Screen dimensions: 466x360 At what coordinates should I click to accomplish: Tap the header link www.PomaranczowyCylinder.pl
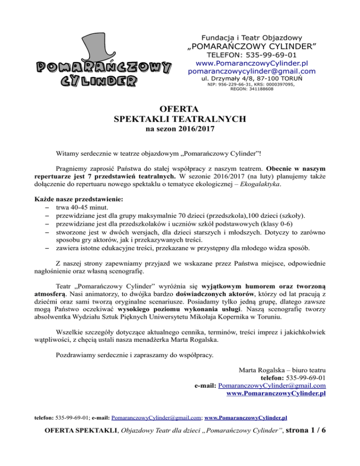(x=251, y=63)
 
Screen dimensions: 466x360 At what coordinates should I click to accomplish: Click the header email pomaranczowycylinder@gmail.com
(x=251, y=71)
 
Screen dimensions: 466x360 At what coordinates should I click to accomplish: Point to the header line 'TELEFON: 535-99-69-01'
(x=251, y=55)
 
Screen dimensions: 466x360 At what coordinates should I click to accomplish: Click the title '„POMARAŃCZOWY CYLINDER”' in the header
(x=251, y=46)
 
